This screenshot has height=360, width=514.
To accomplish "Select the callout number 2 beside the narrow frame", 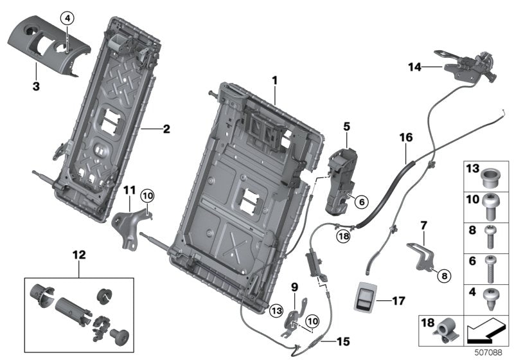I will (166, 129).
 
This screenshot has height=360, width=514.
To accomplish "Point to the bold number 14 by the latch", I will (416, 66).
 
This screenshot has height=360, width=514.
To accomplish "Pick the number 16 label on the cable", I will (405, 138).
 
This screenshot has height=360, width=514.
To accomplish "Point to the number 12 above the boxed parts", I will (79, 255).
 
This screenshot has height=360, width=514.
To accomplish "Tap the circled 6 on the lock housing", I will (360, 201).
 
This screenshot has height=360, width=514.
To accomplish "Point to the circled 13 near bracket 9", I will (276, 310).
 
